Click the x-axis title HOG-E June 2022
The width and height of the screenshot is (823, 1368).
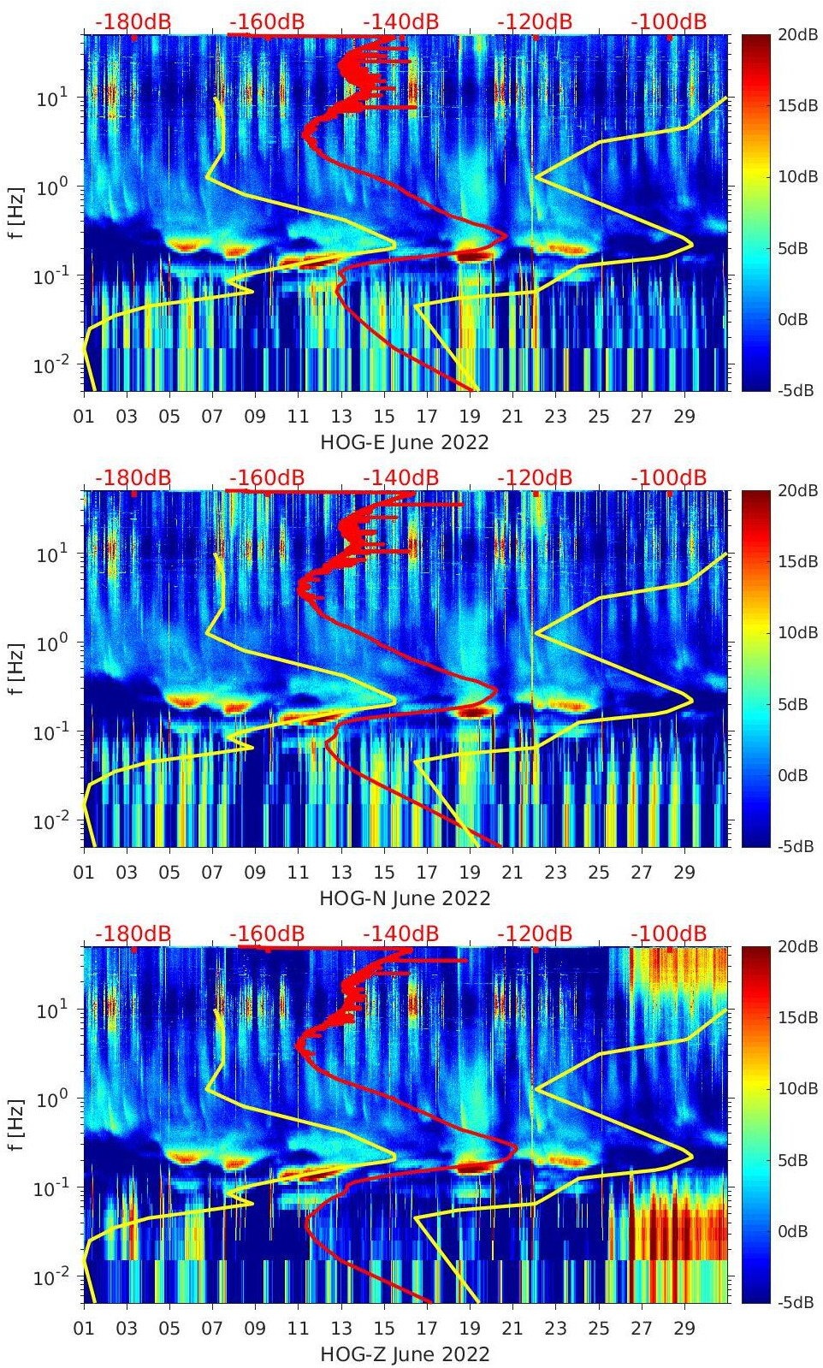point(404,442)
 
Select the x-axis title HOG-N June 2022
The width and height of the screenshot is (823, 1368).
point(404,898)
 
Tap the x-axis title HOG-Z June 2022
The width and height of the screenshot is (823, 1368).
point(404,1354)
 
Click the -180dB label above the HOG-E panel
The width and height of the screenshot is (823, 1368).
point(133,21)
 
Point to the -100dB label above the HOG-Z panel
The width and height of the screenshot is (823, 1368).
point(669,933)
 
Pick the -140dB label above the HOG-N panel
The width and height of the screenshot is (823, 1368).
point(400,477)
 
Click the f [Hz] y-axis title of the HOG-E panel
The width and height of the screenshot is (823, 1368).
point(17,212)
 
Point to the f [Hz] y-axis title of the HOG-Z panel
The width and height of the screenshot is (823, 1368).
point(17,1124)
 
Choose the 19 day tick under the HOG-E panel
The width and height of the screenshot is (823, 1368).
point(469,418)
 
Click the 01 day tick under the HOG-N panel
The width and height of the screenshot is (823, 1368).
point(84,874)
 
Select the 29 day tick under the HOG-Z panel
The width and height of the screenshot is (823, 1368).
point(684,1330)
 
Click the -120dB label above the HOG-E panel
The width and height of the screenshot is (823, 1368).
point(535,21)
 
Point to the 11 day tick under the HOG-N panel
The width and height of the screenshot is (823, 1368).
point(298,874)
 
